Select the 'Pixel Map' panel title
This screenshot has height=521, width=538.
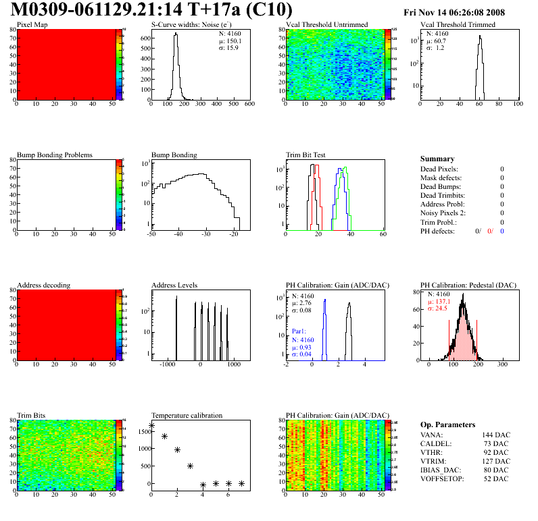tap(32, 25)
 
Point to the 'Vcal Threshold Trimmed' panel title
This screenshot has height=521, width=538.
tap(458, 25)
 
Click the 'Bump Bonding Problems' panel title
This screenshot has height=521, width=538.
tap(55, 155)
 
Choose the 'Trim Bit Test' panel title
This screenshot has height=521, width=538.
tap(306, 155)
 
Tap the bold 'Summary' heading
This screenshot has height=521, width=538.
tap(437, 159)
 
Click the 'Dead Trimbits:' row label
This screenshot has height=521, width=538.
tap(443, 195)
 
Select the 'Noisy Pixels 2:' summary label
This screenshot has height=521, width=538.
tap(444, 213)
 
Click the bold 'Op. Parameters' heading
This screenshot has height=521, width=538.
tap(447, 424)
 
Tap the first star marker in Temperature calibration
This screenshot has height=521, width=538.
tap(151, 426)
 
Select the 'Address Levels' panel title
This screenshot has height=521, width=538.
tap(175, 285)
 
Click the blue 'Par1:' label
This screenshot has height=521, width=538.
tap(300, 332)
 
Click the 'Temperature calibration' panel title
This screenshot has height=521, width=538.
tap(187, 415)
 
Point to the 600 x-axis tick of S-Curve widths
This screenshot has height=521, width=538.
tap(249, 105)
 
